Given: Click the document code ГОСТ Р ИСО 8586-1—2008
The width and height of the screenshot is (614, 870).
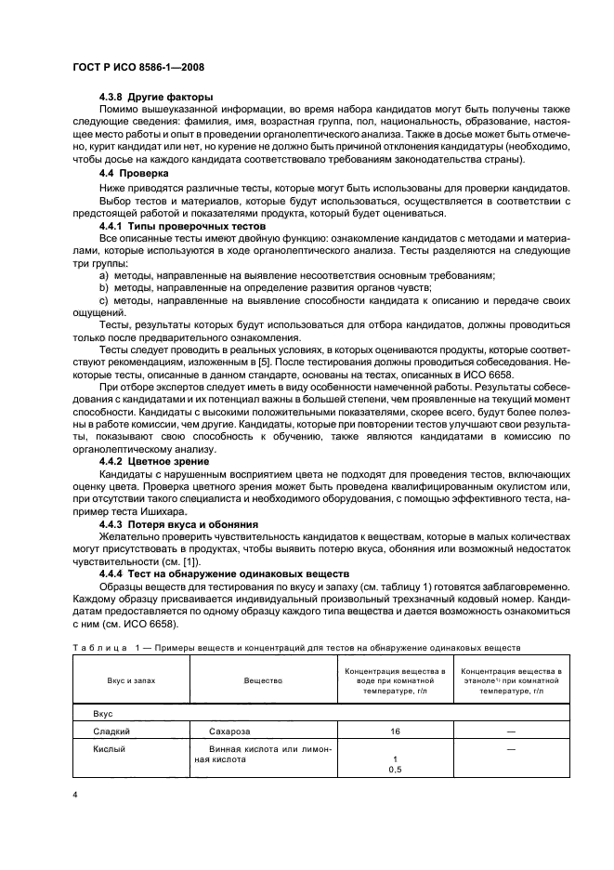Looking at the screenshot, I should [140, 68].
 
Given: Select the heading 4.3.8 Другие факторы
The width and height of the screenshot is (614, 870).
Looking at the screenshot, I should [156, 98].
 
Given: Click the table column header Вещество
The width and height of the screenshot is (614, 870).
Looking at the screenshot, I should [263, 680].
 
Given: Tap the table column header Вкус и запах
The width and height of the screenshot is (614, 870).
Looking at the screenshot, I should [130, 680].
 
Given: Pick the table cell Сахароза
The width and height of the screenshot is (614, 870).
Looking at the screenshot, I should [231, 732].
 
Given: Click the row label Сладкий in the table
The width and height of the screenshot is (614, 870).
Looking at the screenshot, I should [113, 732].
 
